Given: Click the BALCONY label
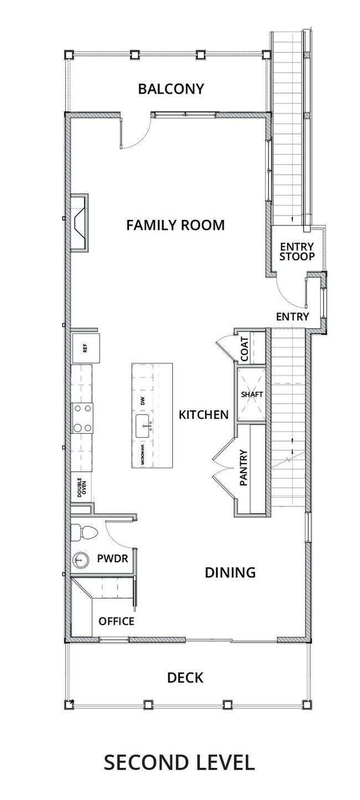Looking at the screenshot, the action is coord(171,89).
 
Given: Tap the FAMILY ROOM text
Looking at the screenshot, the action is coord(176,225).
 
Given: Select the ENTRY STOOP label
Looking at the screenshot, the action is coord(297,252).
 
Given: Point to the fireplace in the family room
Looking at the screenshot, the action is coord(79,223).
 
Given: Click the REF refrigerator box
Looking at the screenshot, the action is coord(86,348).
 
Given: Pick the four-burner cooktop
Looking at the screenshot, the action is coord(82,418).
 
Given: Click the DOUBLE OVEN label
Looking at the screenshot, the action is coord(82,488).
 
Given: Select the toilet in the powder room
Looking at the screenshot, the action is coord(84,532).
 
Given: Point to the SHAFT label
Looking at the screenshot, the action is coord(252,394).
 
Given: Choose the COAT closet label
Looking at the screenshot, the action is coord(245,349).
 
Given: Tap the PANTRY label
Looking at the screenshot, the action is coord(244,468).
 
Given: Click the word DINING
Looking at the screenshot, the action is coord(230,572).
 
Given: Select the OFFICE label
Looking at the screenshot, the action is coord(116,621).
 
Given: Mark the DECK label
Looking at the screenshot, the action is coord(186,678).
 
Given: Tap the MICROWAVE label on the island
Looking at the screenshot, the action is coord(143,455).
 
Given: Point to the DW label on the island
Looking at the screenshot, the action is coord(143,402).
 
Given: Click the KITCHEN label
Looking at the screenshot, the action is coord(204,414).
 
